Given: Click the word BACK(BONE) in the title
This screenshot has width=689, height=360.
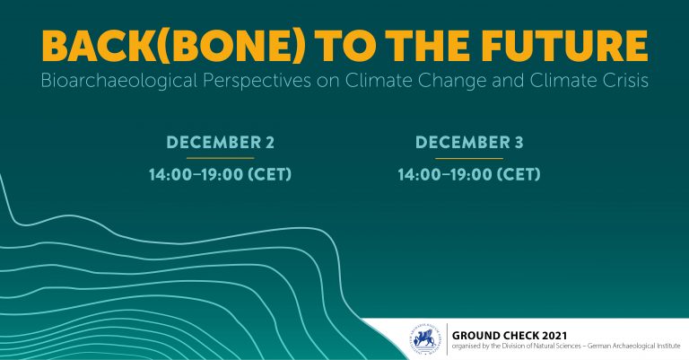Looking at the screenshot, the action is click(x=172, y=46).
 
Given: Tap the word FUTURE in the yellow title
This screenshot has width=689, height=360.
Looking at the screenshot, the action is click(x=564, y=46).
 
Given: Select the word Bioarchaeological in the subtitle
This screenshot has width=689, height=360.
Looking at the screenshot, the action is click(x=119, y=81).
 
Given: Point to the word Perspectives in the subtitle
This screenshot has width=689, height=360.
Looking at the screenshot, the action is click(x=257, y=81).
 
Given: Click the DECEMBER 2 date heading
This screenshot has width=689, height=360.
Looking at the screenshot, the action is click(x=220, y=143).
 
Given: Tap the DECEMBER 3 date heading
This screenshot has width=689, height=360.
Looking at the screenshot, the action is click(x=469, y=143).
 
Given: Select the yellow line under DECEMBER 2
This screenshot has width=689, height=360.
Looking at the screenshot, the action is click(x=220, y=158).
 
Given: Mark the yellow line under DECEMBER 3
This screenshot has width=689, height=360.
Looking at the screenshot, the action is click(x=469, y=158).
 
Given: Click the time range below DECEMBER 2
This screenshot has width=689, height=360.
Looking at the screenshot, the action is click(x=220, y=174).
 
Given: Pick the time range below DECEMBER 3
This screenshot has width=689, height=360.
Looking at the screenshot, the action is click(x=469, y=174).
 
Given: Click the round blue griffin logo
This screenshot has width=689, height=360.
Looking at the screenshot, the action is click(x=425, y=339).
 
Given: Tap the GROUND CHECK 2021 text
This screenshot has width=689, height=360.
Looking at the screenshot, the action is click(x=510, y=336).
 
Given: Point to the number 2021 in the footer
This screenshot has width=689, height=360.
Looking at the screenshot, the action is click(x=554, y=336).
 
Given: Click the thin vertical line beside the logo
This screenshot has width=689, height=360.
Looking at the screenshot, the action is click(x=447, y=338).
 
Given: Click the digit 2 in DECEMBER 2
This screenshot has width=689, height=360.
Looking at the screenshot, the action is click(x=270, y=143).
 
